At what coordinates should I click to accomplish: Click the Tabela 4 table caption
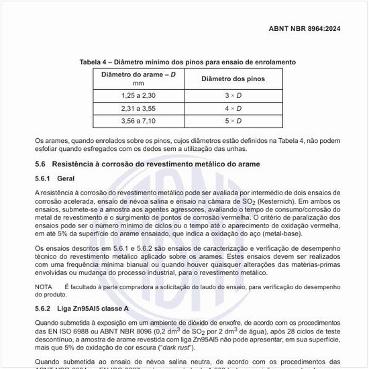click(x=187, y=62)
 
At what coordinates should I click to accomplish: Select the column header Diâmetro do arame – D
click(x=139, y=74)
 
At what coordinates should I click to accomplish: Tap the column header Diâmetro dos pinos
click(x=233, y=79)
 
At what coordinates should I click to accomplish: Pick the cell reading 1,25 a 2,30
click(x=138, y=96)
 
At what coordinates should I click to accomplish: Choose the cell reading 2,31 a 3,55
click(x=138, y=108)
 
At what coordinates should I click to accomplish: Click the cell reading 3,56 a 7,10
click(x=138, y=121)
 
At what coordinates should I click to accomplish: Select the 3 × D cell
click(x=233, y=96)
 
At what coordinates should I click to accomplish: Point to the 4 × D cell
click(x=233, y=108)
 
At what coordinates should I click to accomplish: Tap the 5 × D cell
click(x=233, y=121)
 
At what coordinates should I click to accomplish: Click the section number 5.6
click(x=40, y=164)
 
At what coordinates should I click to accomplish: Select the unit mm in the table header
click(x=138, y=83)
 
